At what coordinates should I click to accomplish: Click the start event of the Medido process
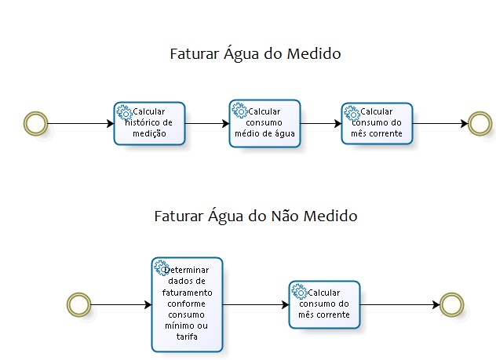[35, 123]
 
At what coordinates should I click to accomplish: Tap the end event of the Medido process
[479, 122]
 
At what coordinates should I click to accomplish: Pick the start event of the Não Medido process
[78, 304]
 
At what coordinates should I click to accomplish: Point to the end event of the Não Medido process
[451, 304]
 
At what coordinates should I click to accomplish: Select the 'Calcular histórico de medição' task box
[149, 123]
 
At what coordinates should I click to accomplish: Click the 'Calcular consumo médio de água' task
[264, 122]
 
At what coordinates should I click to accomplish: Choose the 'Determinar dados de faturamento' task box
[186, 304]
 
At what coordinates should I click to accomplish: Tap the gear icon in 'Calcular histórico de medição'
[123, 111]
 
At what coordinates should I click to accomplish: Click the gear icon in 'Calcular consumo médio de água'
[239, 110]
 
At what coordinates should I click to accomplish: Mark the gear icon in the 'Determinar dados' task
[160, 267]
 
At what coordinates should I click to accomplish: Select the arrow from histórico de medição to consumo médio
[207, 123]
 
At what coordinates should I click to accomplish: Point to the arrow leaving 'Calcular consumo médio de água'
[320, 122]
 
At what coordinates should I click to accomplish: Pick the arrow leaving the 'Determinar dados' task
[255, 304]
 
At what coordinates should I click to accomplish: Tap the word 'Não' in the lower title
[287, 215]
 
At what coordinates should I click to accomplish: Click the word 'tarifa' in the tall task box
[186, 336]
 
